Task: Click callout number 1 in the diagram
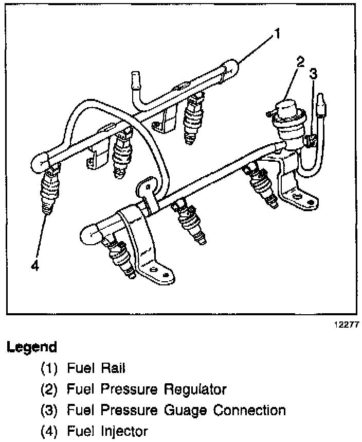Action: click(x=277, y=35)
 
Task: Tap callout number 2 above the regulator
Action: click(x=300, y=62)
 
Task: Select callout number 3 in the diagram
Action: click(x=313, y=74)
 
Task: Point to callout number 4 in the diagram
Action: click(x=34, y=266)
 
